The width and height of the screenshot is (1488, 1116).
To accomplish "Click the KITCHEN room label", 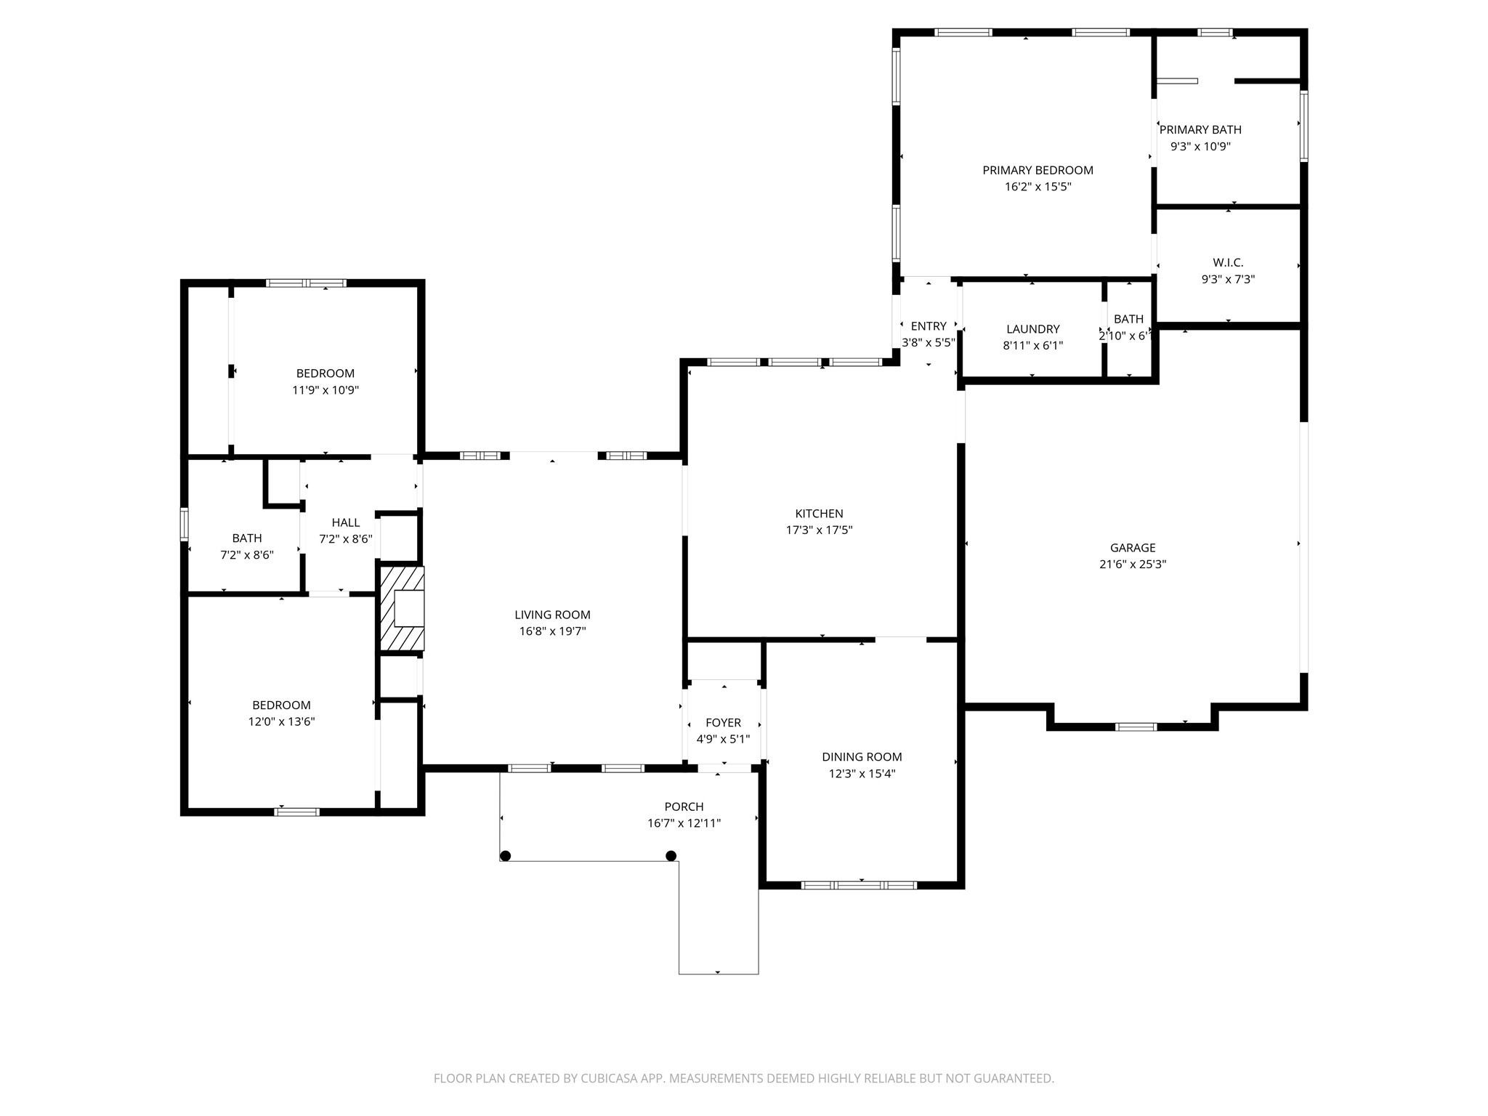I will click(x=819, y=514).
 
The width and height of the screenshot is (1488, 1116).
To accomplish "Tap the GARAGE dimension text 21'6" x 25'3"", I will click(x=1132, y=565).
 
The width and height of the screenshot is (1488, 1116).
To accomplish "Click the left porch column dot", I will click(x=506, y=856).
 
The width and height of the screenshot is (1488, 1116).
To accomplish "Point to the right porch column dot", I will click(x=671, y=856).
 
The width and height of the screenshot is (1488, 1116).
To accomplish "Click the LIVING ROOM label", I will click(x=552, y=615).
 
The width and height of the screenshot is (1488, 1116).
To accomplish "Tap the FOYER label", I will click(x=723, y=722).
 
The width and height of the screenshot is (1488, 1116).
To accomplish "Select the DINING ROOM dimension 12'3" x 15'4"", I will click(x=862, y=774).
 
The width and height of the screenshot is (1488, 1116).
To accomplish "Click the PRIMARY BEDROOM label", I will click(x=1038, y=170).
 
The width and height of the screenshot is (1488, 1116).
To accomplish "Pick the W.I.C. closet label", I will click(x=1228, y=262).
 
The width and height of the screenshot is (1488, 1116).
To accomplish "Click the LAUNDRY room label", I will click(x=1032, y=329).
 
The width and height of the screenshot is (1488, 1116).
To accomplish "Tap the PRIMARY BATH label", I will click(x=1200, y=129).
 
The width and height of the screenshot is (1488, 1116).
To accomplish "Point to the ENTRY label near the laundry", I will click(x=928, y=326).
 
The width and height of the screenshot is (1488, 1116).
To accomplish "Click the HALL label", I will click(x=346, y=522).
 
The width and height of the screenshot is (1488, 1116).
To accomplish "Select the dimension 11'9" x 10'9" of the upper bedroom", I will click(x=325, y=390).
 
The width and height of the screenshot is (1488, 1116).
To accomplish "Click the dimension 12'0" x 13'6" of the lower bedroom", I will click(x=281, y=721).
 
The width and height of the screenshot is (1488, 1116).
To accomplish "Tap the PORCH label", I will click(x=684, y=806).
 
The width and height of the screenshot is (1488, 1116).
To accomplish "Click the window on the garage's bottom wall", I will click(x=1136, y=727).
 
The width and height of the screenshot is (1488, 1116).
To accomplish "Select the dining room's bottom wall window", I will click(x=859, y=885).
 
